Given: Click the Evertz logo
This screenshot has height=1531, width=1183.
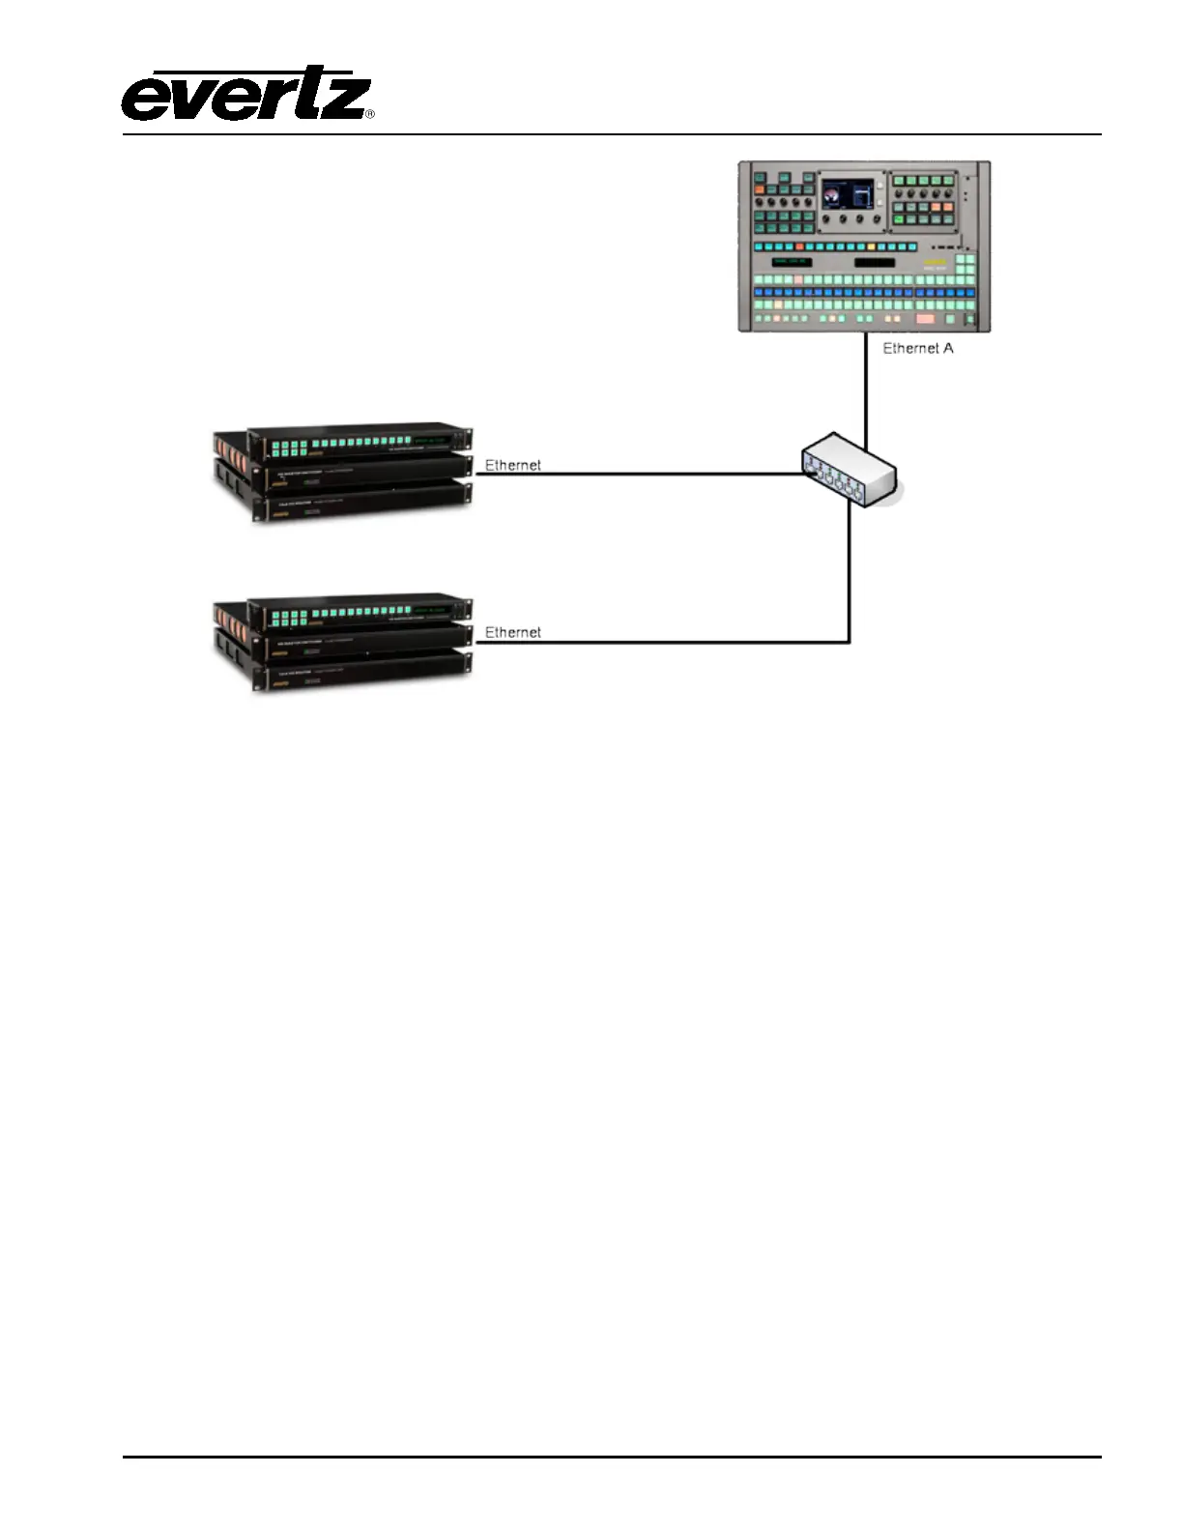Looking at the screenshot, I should pos(245,95).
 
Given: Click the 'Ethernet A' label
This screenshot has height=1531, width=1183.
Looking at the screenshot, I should pos(917,348).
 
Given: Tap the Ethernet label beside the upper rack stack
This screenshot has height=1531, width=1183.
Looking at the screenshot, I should pos(512,465).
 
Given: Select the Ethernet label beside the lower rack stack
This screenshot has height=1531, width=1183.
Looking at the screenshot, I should pos(512,632).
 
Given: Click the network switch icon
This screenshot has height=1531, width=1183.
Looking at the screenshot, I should pos(850,471).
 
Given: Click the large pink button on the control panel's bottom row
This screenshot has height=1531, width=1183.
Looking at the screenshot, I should pos(925,318).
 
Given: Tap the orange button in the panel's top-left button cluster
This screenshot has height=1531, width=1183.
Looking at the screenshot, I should pos(760,190).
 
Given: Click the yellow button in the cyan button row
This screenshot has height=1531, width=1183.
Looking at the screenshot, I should pos(871,247).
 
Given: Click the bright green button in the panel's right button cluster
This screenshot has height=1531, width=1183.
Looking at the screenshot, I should pos(898,219).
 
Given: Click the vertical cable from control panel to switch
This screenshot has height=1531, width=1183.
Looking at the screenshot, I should pos(865,387).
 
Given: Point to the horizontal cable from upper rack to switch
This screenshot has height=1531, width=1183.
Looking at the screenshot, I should pos(638,474).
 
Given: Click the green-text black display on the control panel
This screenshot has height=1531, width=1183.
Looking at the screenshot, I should pos(791,262).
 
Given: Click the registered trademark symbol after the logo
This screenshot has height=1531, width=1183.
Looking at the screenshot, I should pos(369,114).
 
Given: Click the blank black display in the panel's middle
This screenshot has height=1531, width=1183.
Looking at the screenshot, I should pos(874,262).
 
